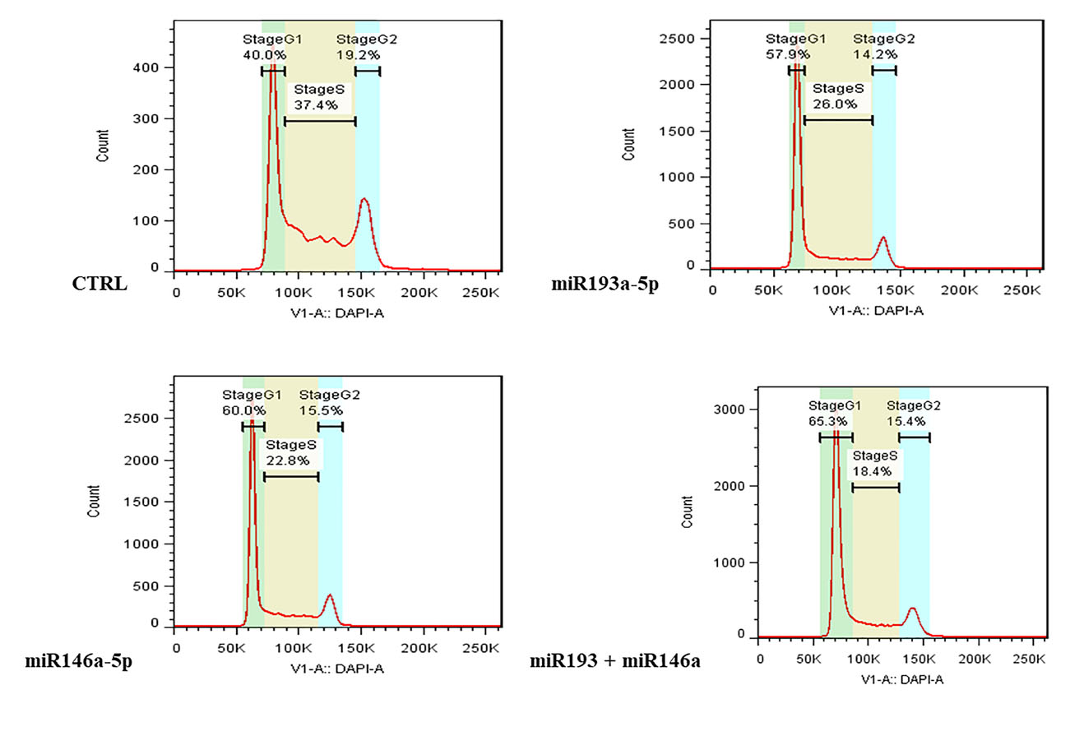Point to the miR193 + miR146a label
coord(614,660)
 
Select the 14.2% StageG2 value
coord(873,54)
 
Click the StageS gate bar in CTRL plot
coord(320,122)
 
